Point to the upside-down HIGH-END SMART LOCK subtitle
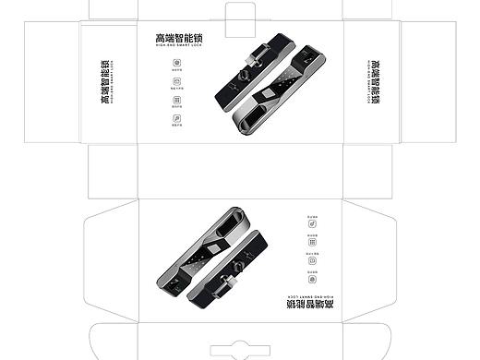(x=302, y=292)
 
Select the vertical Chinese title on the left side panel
(x=106, y=83)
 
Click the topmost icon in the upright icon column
(x=175, y=65)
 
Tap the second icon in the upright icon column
(x=175, y=82)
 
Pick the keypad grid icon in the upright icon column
(x=175, y=101)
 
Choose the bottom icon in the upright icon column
(x=175, y=118)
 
